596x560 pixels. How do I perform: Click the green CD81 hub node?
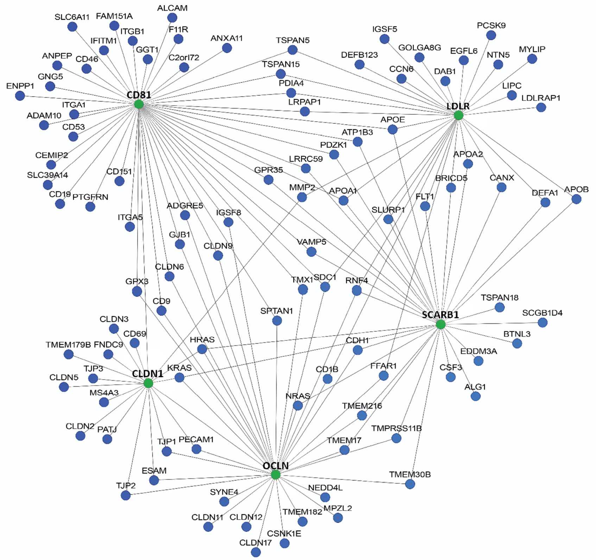coord(139,104)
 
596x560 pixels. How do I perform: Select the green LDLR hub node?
coord(458,115)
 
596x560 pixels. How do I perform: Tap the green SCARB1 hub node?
coord(440,324)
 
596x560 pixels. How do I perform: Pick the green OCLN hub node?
coord(275,475)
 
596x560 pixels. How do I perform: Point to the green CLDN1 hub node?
coord(148,383)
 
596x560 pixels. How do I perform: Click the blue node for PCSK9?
coord(491,35)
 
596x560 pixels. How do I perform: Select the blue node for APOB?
coord(576,199)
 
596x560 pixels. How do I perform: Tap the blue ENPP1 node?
coord(20,95)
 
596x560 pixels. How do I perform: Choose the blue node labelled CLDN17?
coord(256,552)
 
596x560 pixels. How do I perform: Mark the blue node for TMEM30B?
coord(410,484)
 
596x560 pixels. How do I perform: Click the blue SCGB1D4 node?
coord(543,322)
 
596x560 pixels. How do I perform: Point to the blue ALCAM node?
coord(172,17)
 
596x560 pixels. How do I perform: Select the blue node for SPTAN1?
coord(277,320)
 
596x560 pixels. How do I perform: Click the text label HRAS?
coord(202,340)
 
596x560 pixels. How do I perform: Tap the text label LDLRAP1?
coord(540,98)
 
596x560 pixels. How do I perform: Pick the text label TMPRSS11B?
coord(396,428)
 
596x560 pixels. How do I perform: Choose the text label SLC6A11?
coord(72,17)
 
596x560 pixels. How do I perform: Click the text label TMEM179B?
coord(68,345)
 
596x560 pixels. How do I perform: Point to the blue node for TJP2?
coord(126,495)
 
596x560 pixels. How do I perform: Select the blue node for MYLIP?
coord(532,59)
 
